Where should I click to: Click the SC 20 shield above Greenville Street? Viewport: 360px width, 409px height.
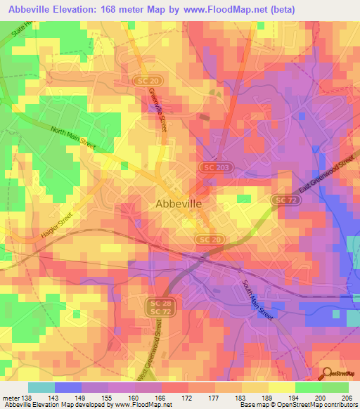pos(144,82)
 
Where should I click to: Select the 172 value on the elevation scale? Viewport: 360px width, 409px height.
pos(187,398)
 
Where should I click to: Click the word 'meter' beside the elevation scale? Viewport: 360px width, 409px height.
pos(9,398)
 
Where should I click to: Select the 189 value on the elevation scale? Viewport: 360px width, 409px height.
pos(266,398)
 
